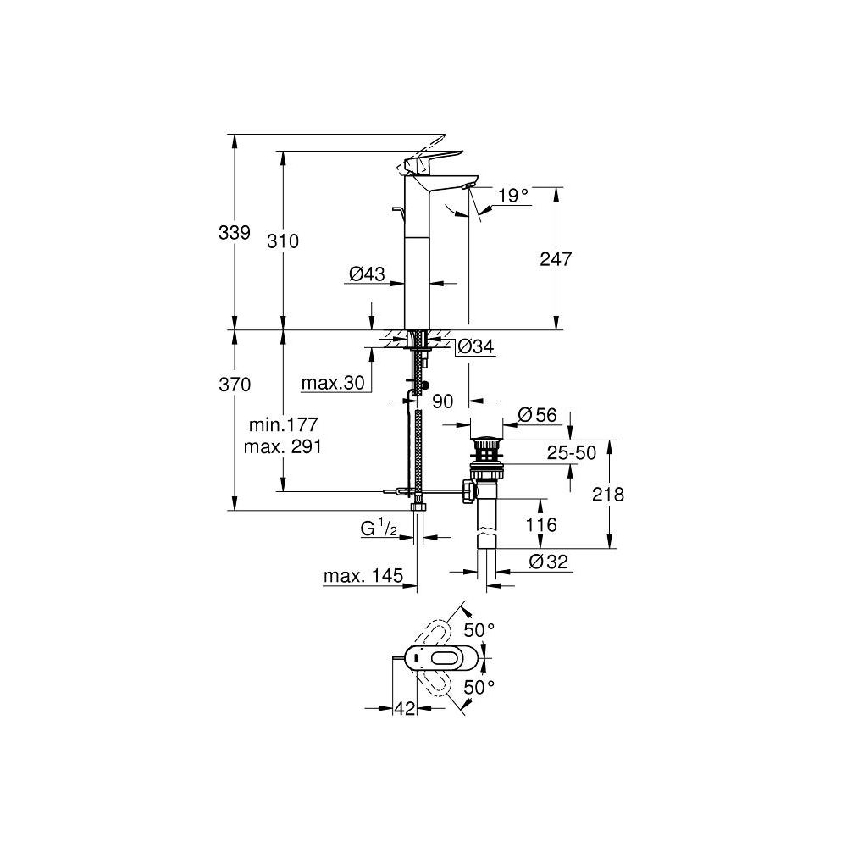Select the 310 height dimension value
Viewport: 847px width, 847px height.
(x=283, y=241)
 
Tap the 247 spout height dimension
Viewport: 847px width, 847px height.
(x=556, y=259)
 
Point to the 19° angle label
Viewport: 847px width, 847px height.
(x=512, y=196)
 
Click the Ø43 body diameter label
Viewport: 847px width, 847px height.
(x=367, y=274)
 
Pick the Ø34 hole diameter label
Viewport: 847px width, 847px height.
(x=475, y=346)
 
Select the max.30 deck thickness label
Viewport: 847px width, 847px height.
(x=332, y=383)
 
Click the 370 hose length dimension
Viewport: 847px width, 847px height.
(x=235, y=385)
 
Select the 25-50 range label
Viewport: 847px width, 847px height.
(x=570, y=453)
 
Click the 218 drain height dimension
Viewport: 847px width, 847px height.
(x=607, y=495)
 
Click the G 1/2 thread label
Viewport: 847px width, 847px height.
(x=379, y=528)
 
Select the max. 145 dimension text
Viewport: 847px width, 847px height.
(x=363, y=578)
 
